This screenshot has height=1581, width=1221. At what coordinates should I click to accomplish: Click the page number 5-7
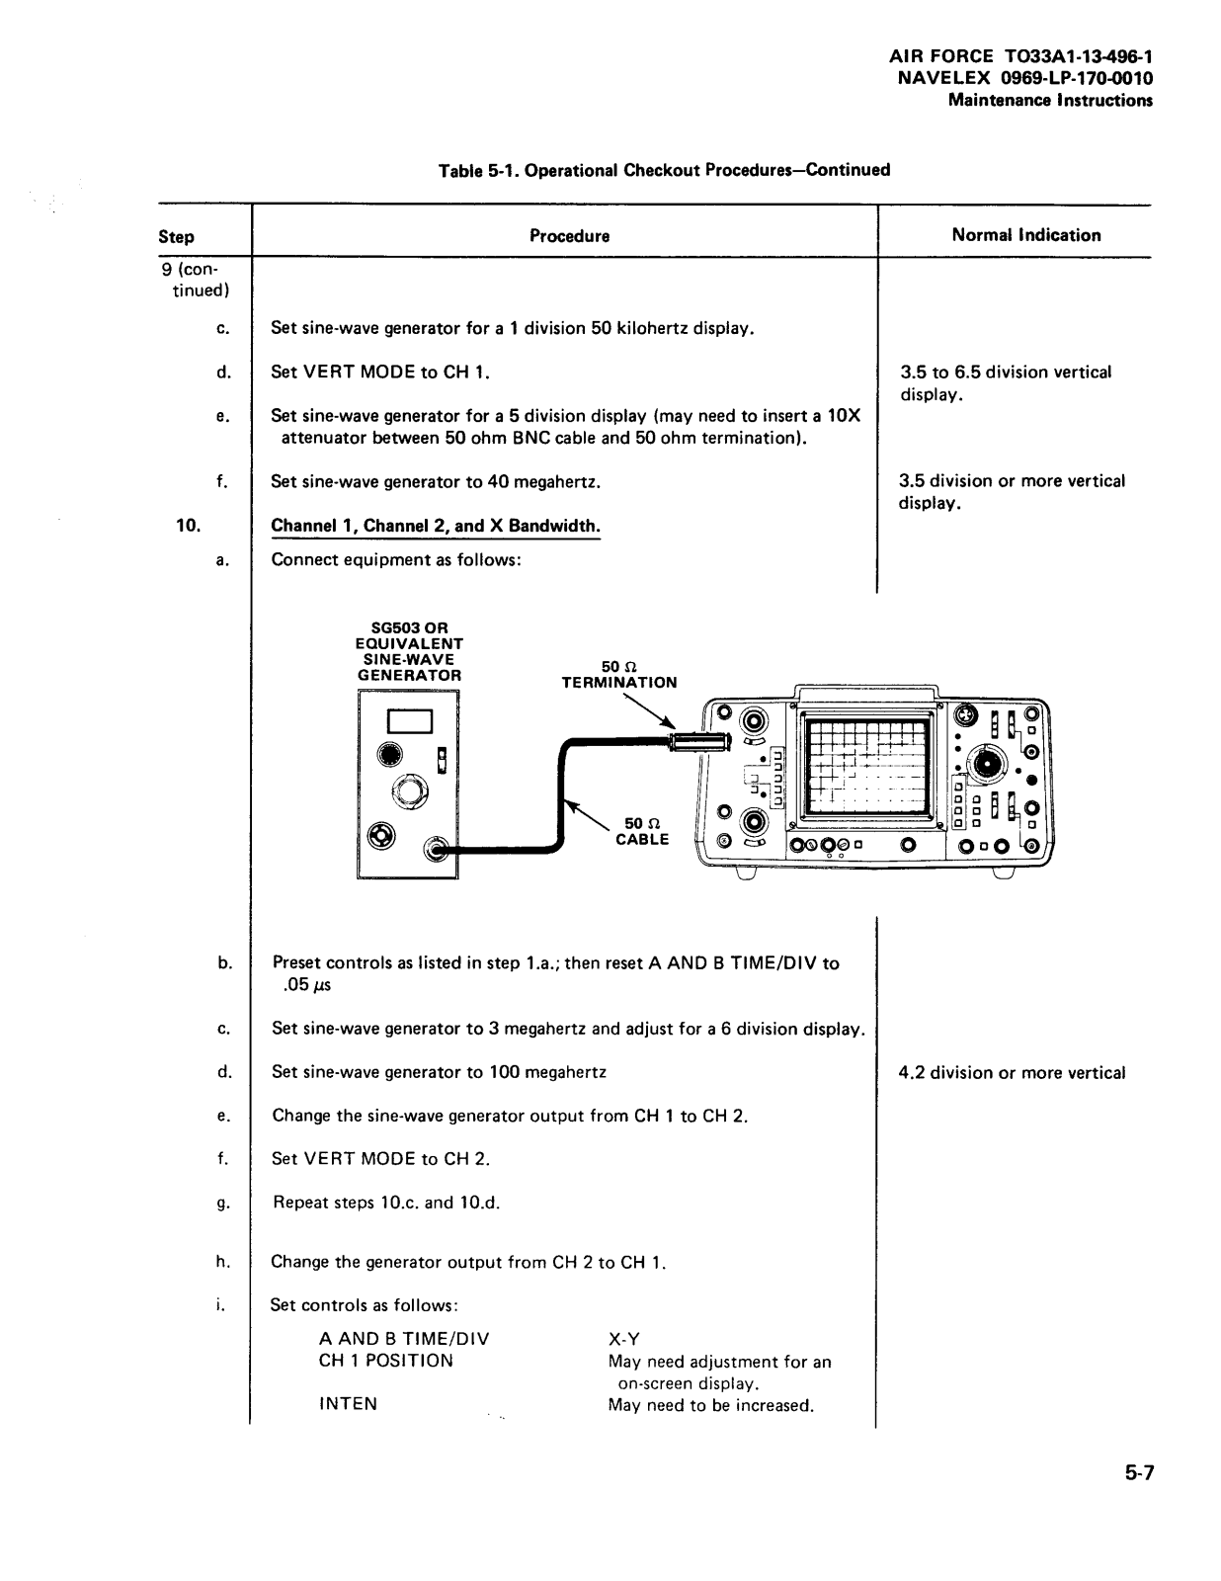(1139, 1473)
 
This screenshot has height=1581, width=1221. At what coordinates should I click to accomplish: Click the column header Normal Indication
(1025, 235)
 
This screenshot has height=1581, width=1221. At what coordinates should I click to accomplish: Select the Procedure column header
(569, 236)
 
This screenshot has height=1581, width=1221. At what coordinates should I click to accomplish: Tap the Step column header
(176, 237)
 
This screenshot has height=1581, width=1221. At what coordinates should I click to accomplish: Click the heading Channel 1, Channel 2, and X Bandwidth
(436, 526)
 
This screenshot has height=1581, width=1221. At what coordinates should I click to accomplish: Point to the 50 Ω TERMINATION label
(618, 675)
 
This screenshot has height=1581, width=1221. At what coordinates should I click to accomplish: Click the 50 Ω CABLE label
(642, 831)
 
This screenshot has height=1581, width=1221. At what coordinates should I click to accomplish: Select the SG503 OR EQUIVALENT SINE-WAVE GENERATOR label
(409, 651)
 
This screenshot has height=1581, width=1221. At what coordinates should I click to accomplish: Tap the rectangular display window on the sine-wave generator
(409, 721)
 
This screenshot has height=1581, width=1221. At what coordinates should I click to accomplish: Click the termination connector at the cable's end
(699, 742)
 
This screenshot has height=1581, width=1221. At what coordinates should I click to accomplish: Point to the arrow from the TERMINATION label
(649, 709)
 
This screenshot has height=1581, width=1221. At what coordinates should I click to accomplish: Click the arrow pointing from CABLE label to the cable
(588, 815)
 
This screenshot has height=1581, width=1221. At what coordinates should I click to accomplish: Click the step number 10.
(189, 525)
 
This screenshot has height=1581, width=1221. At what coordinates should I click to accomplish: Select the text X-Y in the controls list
(624, 1339)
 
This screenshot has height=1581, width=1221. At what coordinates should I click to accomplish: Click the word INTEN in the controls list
(348, 1403)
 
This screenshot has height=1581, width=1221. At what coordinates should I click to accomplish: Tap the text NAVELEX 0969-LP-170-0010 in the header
(1024, 78)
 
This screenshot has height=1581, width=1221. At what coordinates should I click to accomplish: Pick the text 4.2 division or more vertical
(1012, 1072)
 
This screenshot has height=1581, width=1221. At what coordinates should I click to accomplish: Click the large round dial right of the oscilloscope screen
(990, 765)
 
